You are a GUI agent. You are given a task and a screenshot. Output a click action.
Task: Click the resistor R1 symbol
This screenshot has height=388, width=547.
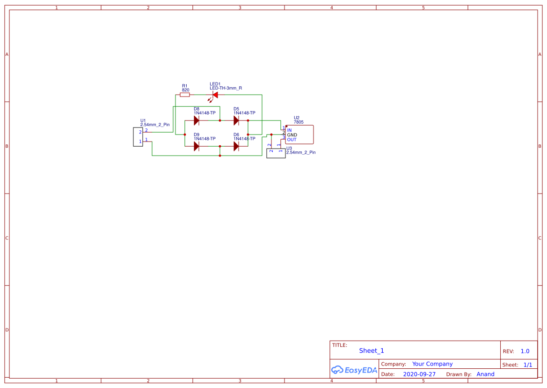185,95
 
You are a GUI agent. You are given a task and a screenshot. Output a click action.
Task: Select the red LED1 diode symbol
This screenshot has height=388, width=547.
215,95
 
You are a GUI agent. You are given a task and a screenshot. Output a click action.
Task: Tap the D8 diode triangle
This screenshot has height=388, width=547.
197,120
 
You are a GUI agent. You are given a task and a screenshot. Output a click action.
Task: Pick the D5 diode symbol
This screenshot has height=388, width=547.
236,120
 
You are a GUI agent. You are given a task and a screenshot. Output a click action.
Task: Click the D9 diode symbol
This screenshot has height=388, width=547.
197,146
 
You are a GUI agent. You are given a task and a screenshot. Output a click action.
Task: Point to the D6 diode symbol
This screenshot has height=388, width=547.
236,146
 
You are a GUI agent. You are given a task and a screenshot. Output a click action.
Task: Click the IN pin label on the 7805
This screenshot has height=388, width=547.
289,130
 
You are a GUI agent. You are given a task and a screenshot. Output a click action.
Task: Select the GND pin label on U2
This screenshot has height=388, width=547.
292,135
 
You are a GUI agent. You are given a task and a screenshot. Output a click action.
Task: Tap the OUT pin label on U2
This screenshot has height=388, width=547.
292,140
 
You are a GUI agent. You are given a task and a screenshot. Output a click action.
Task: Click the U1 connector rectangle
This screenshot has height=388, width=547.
138,137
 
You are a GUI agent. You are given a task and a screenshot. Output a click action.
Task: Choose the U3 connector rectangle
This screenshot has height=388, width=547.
276,153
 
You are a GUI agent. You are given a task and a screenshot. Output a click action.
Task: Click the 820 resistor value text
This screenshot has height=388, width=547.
185,90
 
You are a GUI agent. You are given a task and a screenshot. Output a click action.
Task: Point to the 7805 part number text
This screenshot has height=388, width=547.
299,122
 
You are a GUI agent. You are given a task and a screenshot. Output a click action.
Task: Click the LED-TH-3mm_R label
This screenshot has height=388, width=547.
226,88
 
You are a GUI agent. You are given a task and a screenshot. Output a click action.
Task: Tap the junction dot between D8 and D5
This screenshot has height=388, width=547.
220,120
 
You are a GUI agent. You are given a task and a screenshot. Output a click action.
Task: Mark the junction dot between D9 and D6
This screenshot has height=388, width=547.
220,146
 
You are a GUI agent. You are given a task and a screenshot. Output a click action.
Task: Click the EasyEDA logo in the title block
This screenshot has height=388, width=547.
354,370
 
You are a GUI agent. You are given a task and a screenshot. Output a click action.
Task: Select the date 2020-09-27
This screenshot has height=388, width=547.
419,374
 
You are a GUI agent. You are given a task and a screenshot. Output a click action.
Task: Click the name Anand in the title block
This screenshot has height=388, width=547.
485,374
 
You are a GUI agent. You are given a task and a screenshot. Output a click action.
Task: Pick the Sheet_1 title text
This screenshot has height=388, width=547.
372,351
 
